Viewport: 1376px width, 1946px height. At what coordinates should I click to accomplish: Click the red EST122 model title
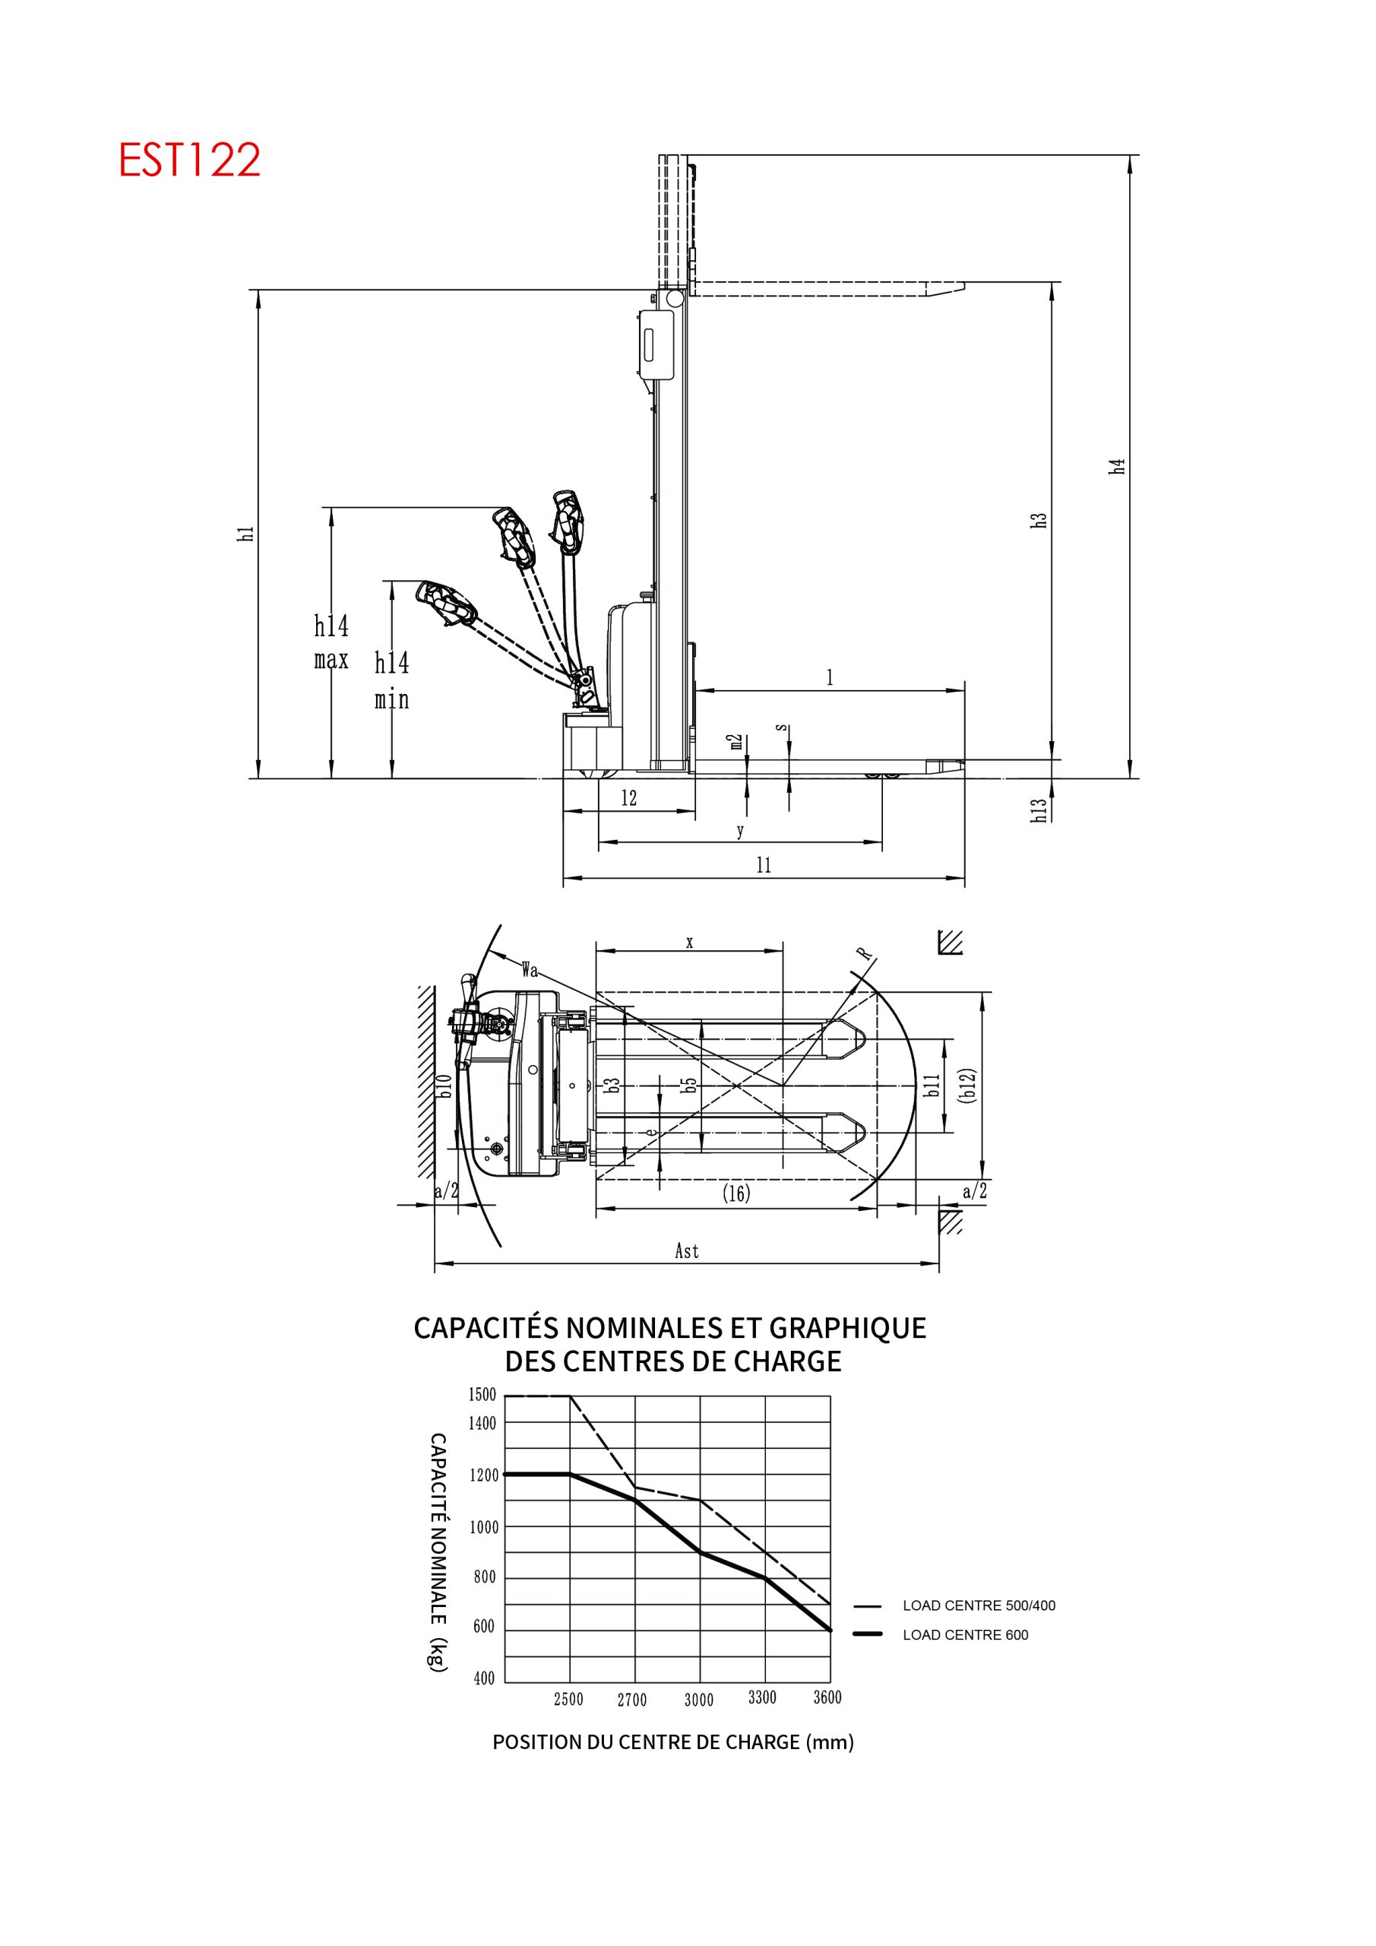pos(189,160)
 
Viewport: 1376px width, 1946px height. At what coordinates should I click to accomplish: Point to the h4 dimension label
pos(1118,466)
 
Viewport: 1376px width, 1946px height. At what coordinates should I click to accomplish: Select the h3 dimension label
pos(1039,521)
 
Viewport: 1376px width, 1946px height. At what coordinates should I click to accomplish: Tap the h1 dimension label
pos(245,533)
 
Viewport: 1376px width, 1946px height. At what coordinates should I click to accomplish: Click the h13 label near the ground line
pos(1039,810)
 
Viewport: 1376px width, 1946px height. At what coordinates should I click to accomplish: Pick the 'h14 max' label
pos(331,642)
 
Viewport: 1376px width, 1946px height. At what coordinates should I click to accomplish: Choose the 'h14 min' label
pos(392,680)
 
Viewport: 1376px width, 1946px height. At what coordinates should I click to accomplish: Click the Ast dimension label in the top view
pos(686,1251)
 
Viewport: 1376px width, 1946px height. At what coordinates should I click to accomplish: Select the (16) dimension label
pos(736,1193)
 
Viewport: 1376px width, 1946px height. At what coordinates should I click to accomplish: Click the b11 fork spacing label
pos(932,1086)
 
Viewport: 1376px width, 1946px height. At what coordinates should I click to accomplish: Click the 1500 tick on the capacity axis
pos(482,1395)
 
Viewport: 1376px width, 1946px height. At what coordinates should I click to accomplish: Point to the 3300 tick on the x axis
pos(763,1697)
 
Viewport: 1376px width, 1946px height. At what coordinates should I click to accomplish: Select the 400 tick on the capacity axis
pos(484,1678)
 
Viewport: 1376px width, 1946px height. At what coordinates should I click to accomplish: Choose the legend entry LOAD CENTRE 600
pos(965,1635)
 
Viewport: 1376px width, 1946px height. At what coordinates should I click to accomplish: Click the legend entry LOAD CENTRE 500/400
pos(979,1605)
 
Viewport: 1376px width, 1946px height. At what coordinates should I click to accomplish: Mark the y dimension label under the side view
pos(741,831)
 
